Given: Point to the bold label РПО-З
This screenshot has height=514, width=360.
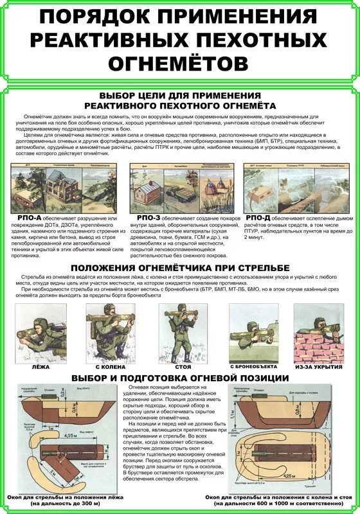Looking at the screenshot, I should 148,218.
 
